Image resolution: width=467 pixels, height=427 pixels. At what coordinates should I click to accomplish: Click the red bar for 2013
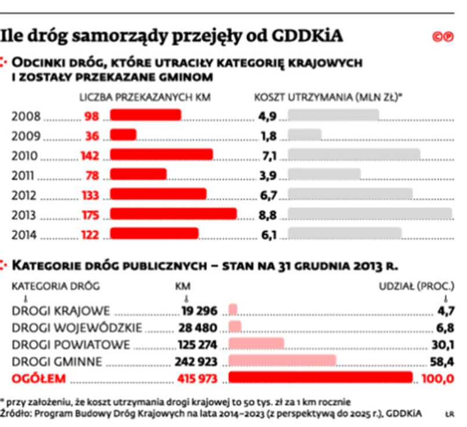tap(173, 214)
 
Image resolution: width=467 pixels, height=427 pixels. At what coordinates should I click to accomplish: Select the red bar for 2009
tap(123, 135)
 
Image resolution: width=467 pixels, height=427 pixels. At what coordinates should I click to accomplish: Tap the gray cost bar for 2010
tap(353, 155)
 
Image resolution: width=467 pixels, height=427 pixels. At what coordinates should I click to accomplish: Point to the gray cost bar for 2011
tap(324, 175)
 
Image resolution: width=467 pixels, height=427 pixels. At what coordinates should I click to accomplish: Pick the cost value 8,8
tap(268, 214)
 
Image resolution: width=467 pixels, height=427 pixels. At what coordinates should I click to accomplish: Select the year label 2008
tap(26, 116)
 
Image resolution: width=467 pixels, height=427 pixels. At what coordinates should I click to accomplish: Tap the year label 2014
tap(26, 235)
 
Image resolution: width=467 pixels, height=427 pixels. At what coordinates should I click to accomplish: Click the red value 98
tap(92, 116)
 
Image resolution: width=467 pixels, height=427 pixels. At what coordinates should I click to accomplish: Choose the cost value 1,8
tap(268, 136)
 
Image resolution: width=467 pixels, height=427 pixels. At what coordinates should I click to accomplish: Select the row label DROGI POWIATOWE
tap(71, 344)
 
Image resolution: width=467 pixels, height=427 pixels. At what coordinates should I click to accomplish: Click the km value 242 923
tap(196, 362)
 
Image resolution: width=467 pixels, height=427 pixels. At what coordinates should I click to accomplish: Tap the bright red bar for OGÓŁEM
tap(320, 379)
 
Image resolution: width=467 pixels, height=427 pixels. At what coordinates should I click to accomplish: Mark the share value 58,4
tap(444, 362)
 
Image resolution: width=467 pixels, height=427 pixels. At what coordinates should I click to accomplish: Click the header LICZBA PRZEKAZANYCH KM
tap(144, 97)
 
